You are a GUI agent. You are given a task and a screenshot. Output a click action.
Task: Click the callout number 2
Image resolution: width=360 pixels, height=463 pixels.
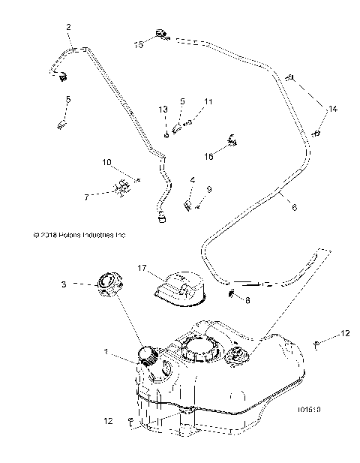point(69,28)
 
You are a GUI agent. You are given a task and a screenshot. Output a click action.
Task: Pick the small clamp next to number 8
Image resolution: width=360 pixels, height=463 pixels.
point(234,292)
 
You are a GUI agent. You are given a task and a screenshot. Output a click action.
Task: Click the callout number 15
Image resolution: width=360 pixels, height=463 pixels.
point(139,45)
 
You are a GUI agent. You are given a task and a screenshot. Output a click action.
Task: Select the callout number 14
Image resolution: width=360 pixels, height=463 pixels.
point(332,110)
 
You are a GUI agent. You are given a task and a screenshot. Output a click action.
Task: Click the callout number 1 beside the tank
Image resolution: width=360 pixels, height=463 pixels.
point(106,352)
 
